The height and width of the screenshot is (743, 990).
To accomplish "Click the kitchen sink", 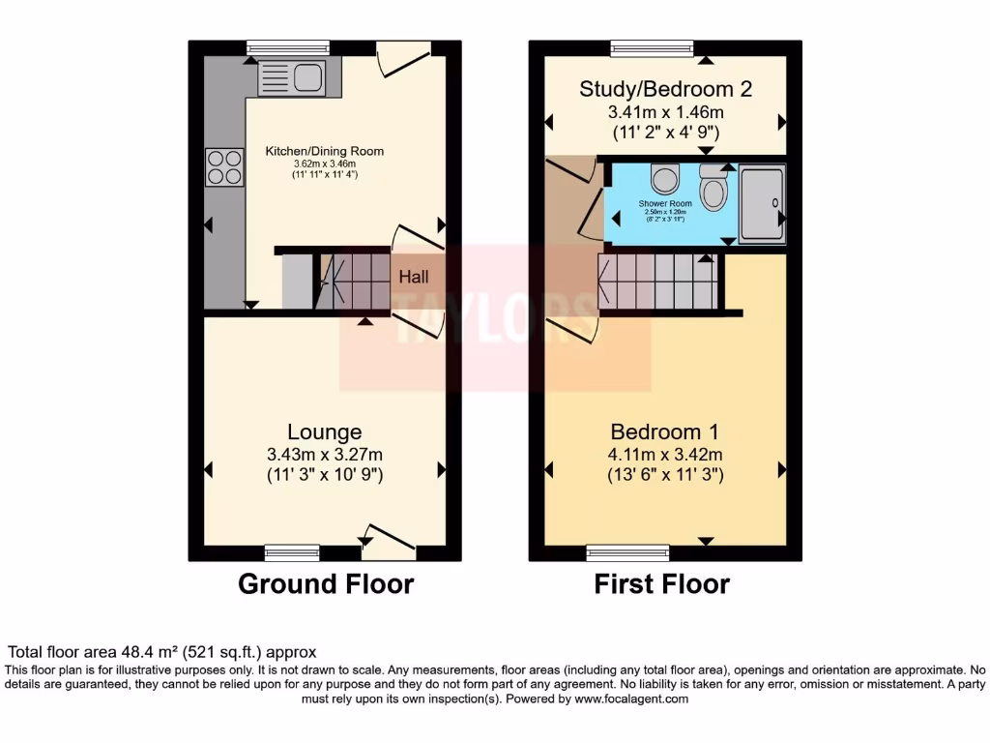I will (x=299, y=77).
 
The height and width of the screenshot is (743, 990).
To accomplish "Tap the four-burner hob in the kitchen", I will (x=223, y=166).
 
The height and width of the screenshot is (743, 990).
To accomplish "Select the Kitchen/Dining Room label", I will (x=325, y=151).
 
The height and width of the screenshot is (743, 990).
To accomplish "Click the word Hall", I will (x=415, y=277).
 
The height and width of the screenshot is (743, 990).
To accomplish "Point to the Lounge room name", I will (x=325, y=432).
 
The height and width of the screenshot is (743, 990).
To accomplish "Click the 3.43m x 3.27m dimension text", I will (x=325, y=454).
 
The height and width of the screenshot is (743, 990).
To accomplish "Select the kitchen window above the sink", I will (x=288, y=47).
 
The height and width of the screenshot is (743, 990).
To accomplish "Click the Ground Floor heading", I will (x=326, y=584).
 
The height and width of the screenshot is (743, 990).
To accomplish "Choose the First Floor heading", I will (x=662, y=584).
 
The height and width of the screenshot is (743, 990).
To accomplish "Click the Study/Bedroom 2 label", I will (x=665, y=89).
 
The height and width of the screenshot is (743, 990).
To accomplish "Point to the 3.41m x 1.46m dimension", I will (x=665, y=111).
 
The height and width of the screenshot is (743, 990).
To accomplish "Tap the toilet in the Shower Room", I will (x=713, y=188).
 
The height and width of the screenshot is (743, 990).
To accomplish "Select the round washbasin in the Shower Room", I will (x=664, y=179).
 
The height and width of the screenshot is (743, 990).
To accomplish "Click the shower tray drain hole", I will (x=773, y=202).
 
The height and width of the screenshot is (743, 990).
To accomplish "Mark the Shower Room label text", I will (x=665, y=204).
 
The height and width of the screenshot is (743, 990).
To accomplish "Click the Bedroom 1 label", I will (x=664, y=431).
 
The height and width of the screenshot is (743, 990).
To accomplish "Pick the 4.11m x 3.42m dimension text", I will (x=665, y=454).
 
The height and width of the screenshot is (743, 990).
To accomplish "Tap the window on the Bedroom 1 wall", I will (x=626, y=552).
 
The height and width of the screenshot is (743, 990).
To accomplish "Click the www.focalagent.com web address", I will (x=631, y=698).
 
